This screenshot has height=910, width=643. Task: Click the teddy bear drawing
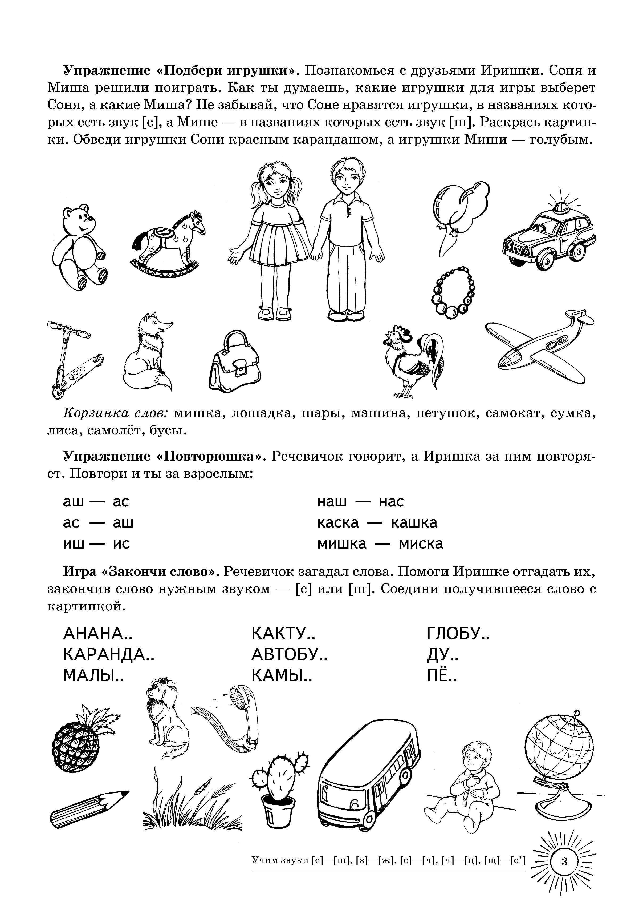(x=79, y=248)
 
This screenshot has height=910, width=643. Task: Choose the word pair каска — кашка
(x=377, y=523)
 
